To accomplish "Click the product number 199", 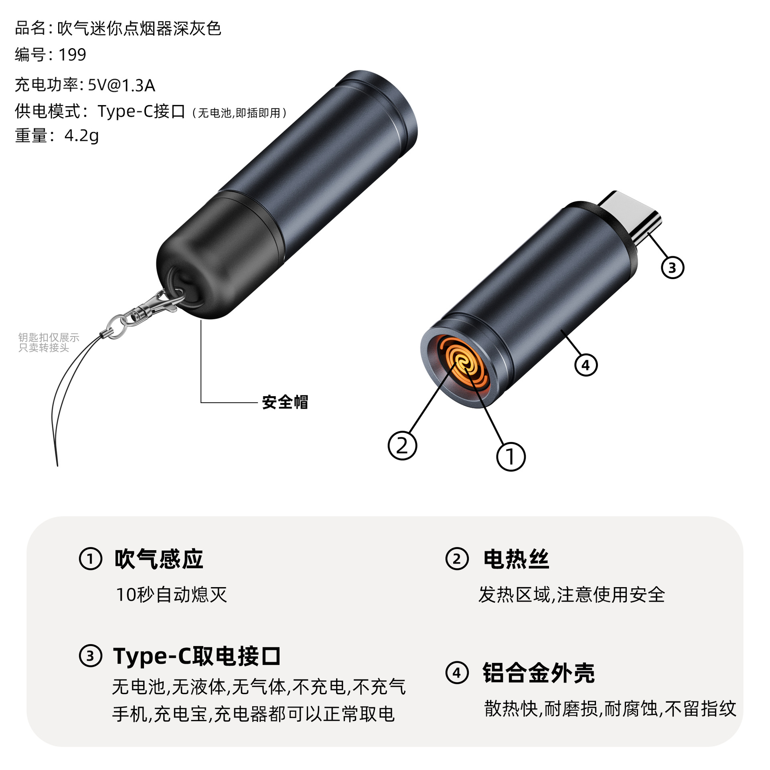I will pyautogui.click(x=72, y=55).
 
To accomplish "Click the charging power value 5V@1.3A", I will pyautogui.click(x=121, y=85).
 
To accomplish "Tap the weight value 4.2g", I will pyautogui.click(x=81, y=136).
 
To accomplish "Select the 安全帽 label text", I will pyautogui.click(x=285, y=402).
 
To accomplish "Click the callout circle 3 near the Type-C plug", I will pyautogui.click(x=672, y=267).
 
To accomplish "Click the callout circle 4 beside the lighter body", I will pyautogui.click(x=586, y=365).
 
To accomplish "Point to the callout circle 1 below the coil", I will pyautogui.click(x=511, y=456).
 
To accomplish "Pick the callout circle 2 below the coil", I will pyautogui.click(x=402, y=446).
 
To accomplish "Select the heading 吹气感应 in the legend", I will pyautogui.click(x=159, y=559).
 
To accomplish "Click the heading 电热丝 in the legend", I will pyautogui.click(x=516, y=559).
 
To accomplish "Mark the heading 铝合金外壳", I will pyautogui.click(x=538, y=673).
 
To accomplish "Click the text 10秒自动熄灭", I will pyautogui.click(x=171, y=594).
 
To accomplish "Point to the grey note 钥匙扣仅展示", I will pyautogui.click(x=49, y=337).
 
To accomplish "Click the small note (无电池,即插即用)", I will pyautogui.click(x=239, y=113).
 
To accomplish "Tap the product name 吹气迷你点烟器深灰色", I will pyautogui.click(x=139, y=28).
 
